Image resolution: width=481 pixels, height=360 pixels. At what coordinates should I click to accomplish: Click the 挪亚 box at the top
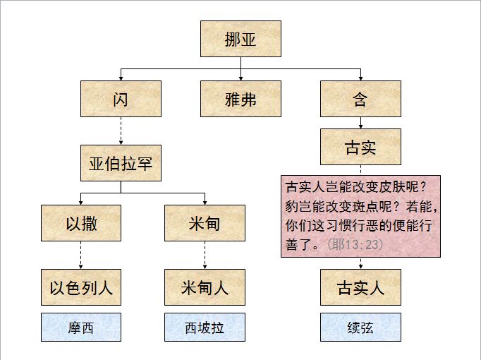pyautogui.click(x=240, y=39)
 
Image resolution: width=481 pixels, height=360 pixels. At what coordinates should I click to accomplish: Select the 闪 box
pyautogui.click(x=121, y=99)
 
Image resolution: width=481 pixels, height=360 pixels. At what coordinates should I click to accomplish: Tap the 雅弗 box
pyautogui.click(x=240, y=99)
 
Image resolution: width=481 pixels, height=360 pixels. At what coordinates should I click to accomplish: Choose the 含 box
pyautogui.click(x=360, y=99)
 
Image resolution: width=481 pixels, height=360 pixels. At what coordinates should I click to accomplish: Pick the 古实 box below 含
pyautogui.click(x=360, y=147)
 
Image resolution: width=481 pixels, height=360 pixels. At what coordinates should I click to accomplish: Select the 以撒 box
pyautogui.click(x=81, y=223)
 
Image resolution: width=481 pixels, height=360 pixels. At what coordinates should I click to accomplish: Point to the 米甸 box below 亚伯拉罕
pyautogui.click(x=205, y=223)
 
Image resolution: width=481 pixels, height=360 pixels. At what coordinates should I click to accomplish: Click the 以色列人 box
pyautogui.click(x=81, y=287)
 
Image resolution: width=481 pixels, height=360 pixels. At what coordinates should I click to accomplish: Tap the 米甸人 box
pyautogui.click(x=205, y=287)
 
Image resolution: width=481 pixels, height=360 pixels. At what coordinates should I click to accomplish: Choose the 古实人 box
pyautogui.click(x=360, y=287)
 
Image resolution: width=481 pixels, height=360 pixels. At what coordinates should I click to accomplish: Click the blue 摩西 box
pyautogui.click(x=81, y=328)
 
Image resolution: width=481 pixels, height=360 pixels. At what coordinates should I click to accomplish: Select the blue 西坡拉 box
pyautogui.click(x=205, y=328)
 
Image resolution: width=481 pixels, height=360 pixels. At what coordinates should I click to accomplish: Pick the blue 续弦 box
pyautogui.click(x=360, y=328)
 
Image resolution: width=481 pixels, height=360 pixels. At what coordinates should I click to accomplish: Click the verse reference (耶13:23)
pyautogui.click(x=355, y=244)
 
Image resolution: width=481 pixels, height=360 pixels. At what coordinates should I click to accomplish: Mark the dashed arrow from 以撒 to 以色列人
pyautogui.click(x=81, y=255)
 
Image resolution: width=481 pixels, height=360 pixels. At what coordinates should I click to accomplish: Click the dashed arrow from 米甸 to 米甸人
pyautogui.click(x=205, y=255)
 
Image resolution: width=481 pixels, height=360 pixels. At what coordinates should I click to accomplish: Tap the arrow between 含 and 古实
pyautogui.click(x=360, y=122)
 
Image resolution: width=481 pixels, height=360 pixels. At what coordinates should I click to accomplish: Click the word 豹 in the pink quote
pyautogui.click(x=291, y=210)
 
